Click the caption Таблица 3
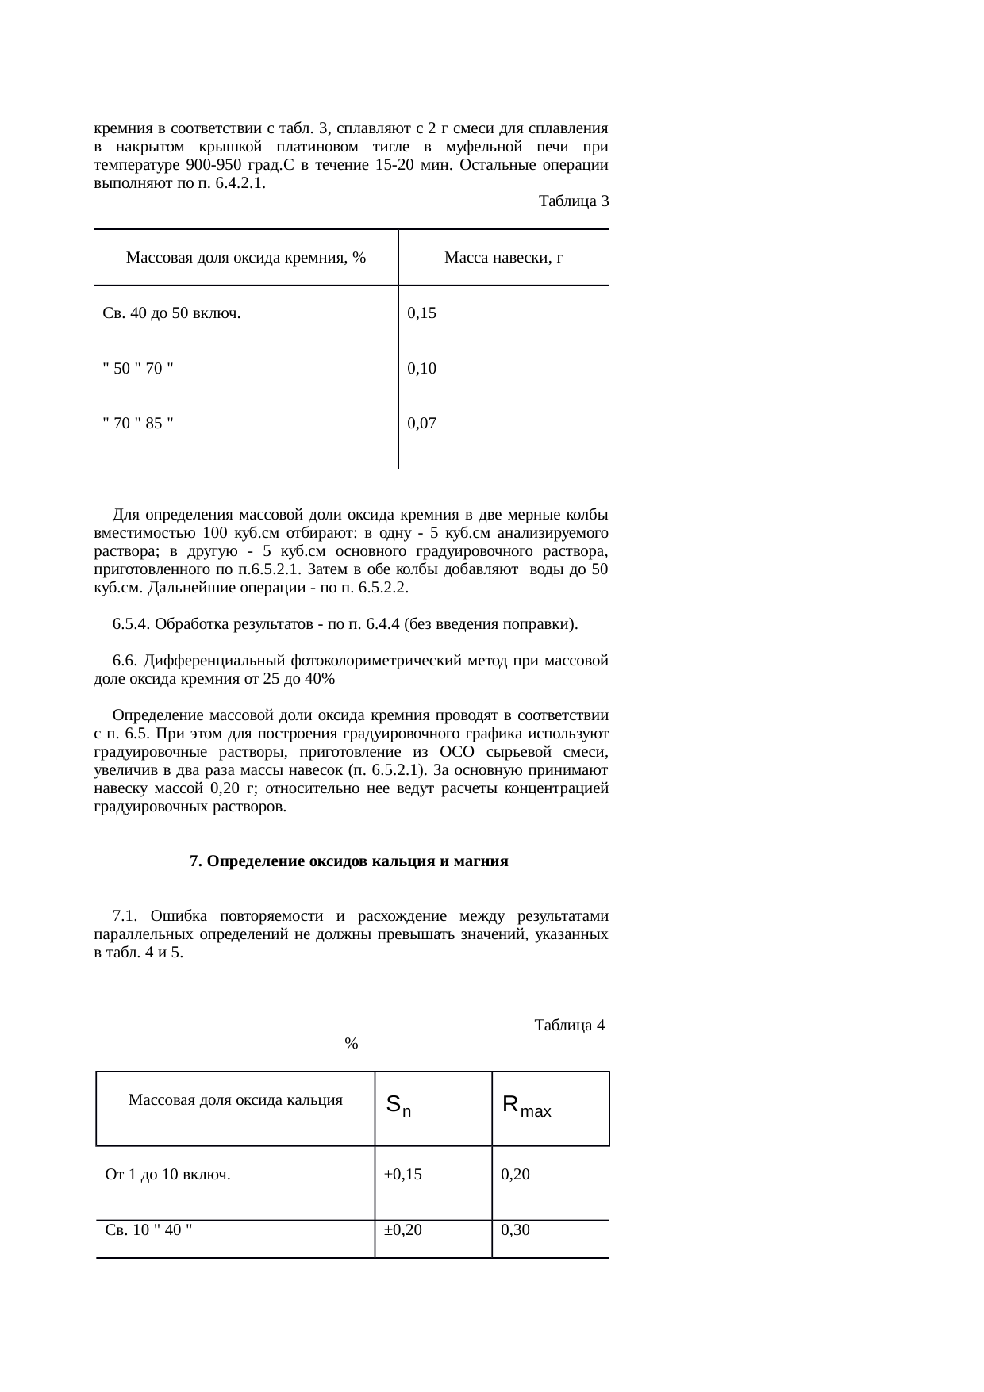pyautogui.click(x=573, y=201)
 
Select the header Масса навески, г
pyautogui.click(x=503, y=258)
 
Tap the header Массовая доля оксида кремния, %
pyautogui.click(x=246, y=258)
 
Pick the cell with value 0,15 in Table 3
pyautogui.click(x=421, y=313)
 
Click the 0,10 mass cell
pyautogui.click(x=421, y=368)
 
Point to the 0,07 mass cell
pyautogui.click(x=421, y=423)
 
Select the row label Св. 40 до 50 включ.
pyautogui.click(x=172, y=313)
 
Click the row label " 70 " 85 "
pyautogui.click(x=138, y=423)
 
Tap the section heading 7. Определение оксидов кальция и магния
pyautogui.click(x=349, y=861)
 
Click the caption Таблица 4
pyautogui.click(x=570, y=1026)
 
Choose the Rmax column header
pyautogui.click(x=527, y=1105)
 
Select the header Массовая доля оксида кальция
pyautogui.click(x=236, y=1100)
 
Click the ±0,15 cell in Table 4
pyautogui.click(x=402, y=1175)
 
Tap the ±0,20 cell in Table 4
pyautogui.click(x=402, y=1230)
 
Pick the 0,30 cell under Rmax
pyautogui.click(x=515, y=1230)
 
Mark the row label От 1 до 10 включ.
pyautogui.click(x=168, y=1175)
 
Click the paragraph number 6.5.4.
pyautogui.click(x=132, y=624)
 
